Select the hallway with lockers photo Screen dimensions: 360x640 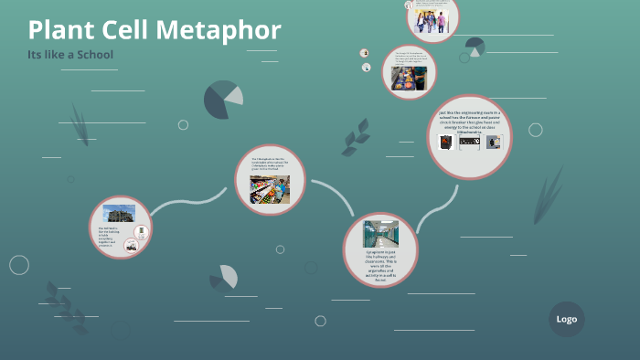click(380, 234)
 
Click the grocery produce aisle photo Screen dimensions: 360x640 click(270, 188)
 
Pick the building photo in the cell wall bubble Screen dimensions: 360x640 click(118, 213)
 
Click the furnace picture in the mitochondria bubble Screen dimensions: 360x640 click(446, 143)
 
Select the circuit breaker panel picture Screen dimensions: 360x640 click(470, 143)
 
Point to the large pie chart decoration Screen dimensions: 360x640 click(222, 100)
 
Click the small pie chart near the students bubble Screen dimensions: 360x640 click(475, 47)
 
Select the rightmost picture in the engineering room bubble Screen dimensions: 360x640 click(495, 143)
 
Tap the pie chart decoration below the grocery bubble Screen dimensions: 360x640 click(224, 277)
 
